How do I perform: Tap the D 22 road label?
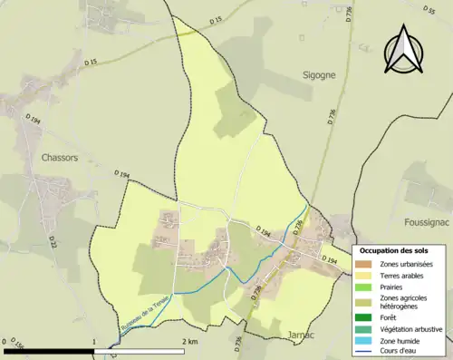pyautogui.click(x=53, y=242)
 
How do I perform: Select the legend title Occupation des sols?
pyautogui.click(x=400, y=250)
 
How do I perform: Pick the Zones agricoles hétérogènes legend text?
pyautogui.click(x=405, y=302)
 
